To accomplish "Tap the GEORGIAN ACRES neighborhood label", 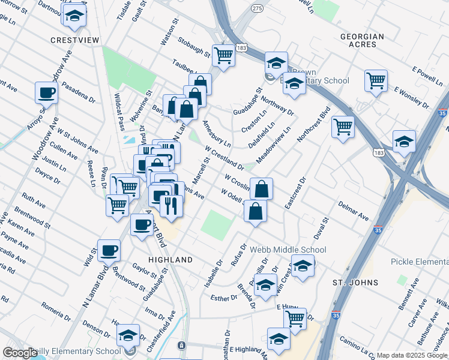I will click(362, 41).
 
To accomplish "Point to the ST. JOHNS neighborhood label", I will click(355, 282).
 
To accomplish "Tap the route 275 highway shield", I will click(258, 25).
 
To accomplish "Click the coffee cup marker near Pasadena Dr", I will click(46, 93).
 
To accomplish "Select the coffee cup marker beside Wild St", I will click(109, 250).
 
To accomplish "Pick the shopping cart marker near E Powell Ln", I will click(376, 80).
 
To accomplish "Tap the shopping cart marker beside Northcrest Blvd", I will click(343, 126).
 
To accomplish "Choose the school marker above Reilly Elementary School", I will click(128, 335).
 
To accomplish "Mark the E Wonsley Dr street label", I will click(412, 98).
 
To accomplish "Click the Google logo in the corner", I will click(20, 353).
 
